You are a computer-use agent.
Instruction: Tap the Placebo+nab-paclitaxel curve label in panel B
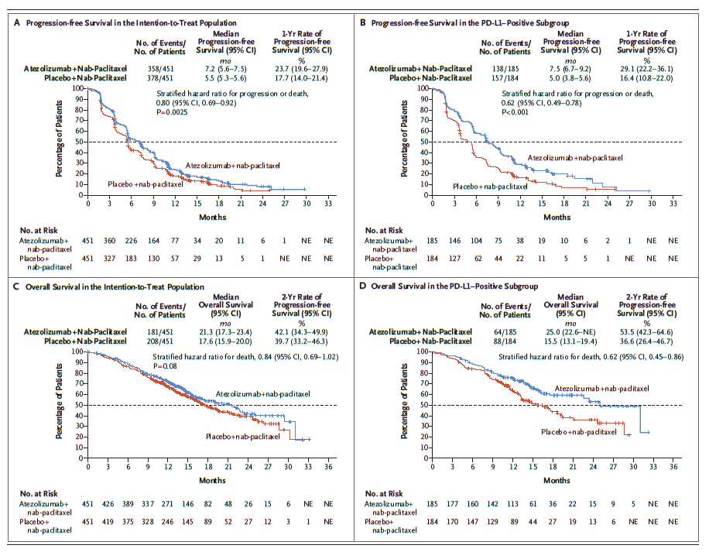(490, 186)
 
